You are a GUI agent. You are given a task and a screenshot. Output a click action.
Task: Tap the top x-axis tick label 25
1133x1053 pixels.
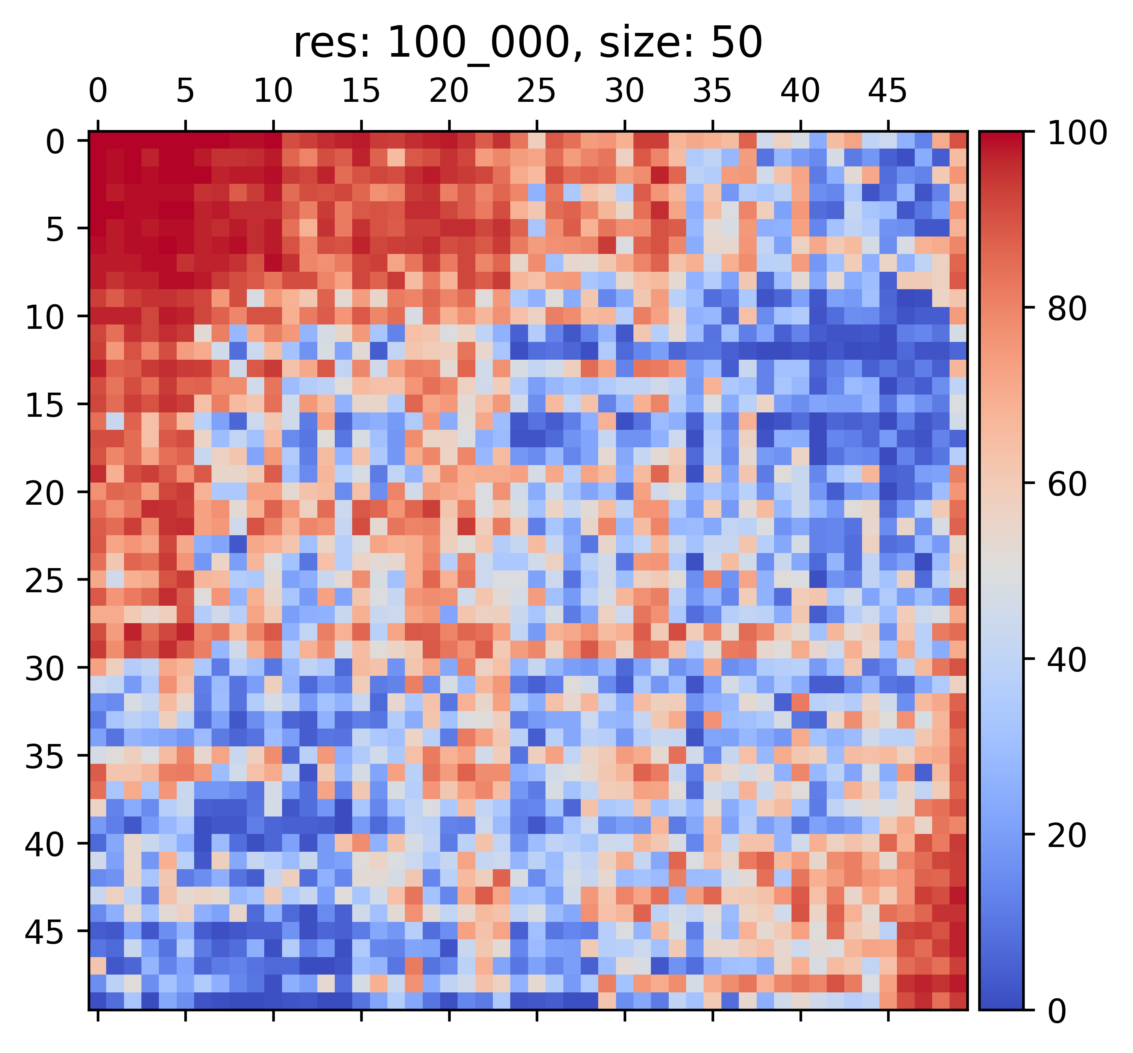536,91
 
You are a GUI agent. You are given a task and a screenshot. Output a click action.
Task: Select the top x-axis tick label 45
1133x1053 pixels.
887,91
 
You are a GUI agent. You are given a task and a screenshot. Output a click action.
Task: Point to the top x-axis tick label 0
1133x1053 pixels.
98,91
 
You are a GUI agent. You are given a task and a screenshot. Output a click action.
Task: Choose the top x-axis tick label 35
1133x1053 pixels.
712,91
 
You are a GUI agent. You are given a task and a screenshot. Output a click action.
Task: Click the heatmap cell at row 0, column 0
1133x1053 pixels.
98,140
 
